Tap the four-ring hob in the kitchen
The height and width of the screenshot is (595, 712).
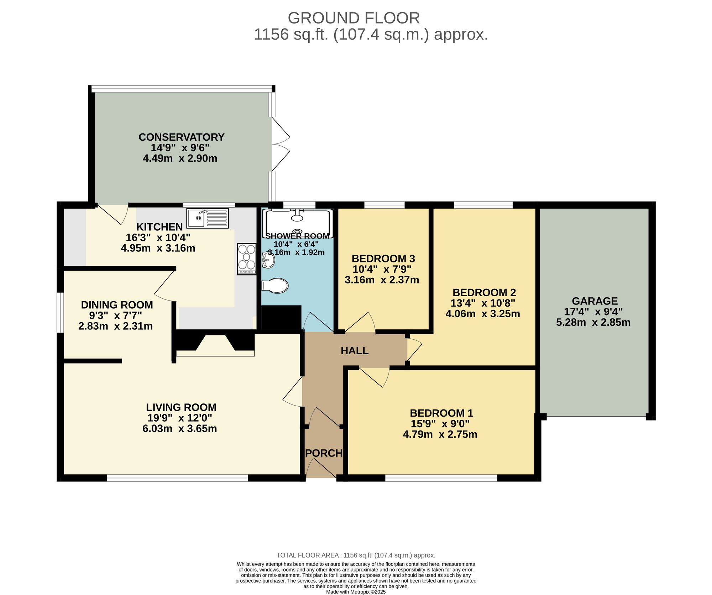click(x=246, y=259)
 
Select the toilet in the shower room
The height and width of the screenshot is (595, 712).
click(x=275, y=286)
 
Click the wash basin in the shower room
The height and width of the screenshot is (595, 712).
click(x=268, y=260)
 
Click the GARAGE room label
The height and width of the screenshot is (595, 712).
click(x=595, y=301)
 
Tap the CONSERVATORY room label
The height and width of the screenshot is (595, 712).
click(x=181, y=137)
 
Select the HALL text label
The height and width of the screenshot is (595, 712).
click(x=354, y=351)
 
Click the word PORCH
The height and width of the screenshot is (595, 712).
click(x=324, y=453)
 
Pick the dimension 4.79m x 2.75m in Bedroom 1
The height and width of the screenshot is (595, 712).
click(x=440, y=434)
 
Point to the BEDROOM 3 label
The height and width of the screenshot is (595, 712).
click(x=383, y=259)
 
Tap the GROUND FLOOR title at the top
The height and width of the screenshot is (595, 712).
click(x=354, y=18)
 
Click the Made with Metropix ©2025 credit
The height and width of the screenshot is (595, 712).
click(x=356, y=592)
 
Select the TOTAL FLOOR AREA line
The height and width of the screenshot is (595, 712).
click(x=356, y=555)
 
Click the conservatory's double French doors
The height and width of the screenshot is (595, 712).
click(x=280, y=145)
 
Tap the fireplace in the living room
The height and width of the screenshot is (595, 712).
click(x=215, y=344)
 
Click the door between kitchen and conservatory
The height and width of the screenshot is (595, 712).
click(x=112, y=215)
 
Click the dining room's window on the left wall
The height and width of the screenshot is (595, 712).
click(x=61, y=312)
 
